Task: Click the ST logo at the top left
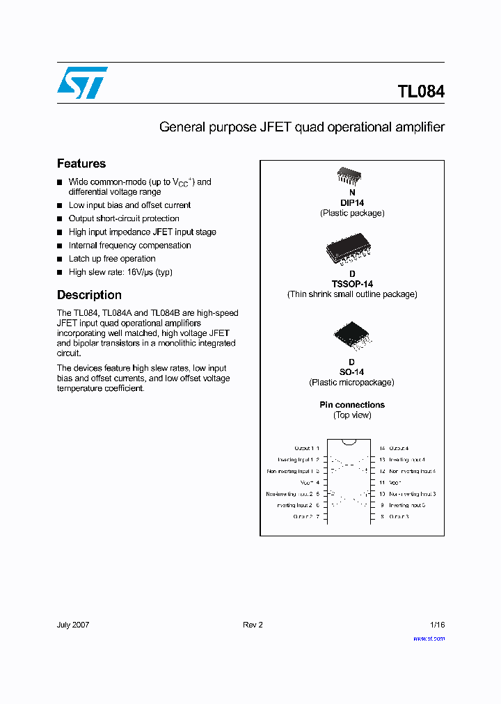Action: (82, 82)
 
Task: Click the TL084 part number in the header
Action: (421, 92)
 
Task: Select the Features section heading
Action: (81, 163)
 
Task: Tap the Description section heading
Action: (89, 295)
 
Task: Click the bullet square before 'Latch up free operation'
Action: (60, 259)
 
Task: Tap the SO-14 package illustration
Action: (352, 336)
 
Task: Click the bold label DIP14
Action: (352, 203)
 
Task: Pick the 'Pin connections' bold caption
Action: (352, 405)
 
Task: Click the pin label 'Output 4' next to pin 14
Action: (399, 449)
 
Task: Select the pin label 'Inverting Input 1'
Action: (295, 460)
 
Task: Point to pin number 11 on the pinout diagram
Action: (382, 482)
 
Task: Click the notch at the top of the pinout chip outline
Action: (349, 441)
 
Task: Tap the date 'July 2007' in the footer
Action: (73, 625)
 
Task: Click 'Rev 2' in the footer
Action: (253, 625)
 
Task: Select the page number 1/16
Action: (437, 625)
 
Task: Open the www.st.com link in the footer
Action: (429, 638)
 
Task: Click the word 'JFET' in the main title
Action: (276, 127)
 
